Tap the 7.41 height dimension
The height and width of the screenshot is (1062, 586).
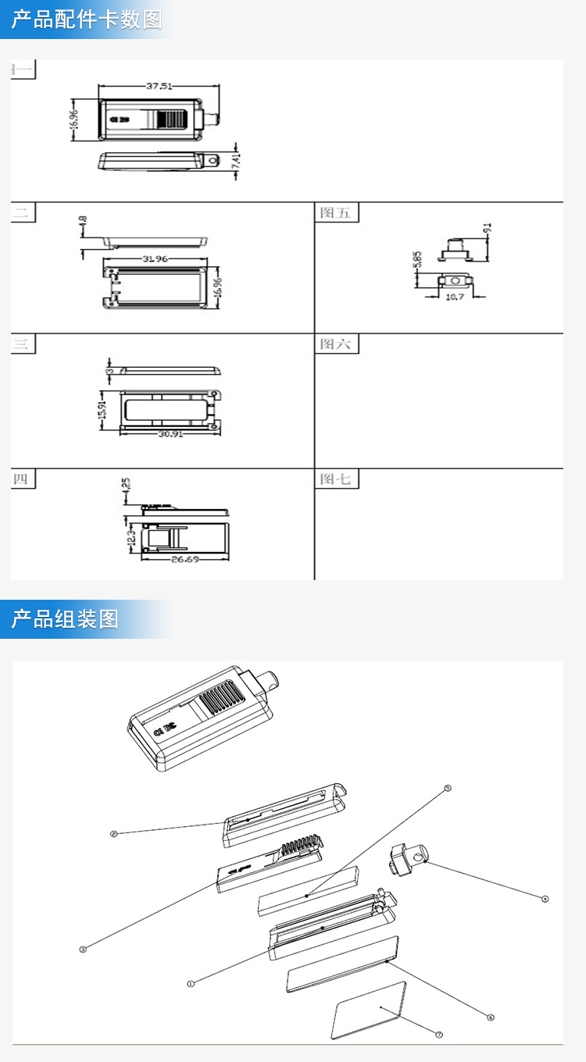[237, 162]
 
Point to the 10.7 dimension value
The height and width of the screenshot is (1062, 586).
[455, 298]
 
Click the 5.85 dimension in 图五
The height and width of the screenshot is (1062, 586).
[419, 261]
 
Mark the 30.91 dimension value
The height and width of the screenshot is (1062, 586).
[170, 433]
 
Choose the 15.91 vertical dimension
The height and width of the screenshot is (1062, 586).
[102, 409]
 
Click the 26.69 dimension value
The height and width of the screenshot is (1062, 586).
[185, 559]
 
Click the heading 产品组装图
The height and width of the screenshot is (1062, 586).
[65, 619]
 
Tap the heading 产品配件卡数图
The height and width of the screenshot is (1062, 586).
[87, 20]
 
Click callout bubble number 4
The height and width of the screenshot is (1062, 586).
[545, 899]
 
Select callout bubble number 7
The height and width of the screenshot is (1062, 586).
[439, 1035]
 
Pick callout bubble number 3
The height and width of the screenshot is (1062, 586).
[82, 950]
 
